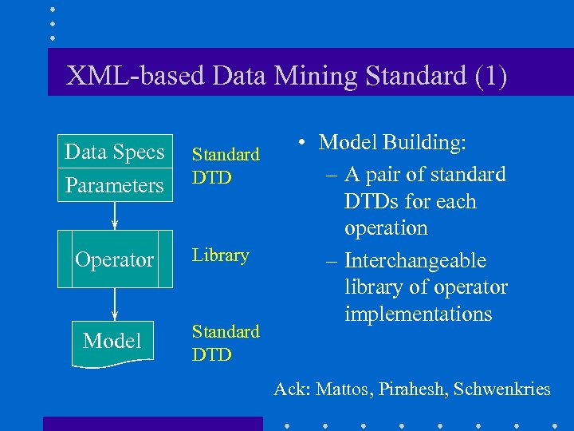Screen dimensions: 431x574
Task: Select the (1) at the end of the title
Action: [x=490, y=76]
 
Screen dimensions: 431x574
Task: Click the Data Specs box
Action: [x=115, y=152]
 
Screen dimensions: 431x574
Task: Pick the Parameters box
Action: [x=115, y=185]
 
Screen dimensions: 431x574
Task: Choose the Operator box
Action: [x=115, y=259]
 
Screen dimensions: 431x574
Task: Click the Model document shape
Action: [x=112, y=342]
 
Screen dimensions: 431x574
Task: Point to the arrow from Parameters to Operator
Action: [x=115, y=215]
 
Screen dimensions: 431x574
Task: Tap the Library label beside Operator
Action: [x=221, y=255]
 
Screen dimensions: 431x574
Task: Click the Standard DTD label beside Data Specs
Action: [x=226, y=165]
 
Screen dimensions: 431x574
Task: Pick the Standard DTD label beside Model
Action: [x=226, y=342]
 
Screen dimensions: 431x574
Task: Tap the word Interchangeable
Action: [x=415, y=261]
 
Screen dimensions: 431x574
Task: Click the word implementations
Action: [x=418, y=314]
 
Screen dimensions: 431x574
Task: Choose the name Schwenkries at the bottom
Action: [x=502, y=389]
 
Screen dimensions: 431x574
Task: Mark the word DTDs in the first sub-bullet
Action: [x=373, y=201]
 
